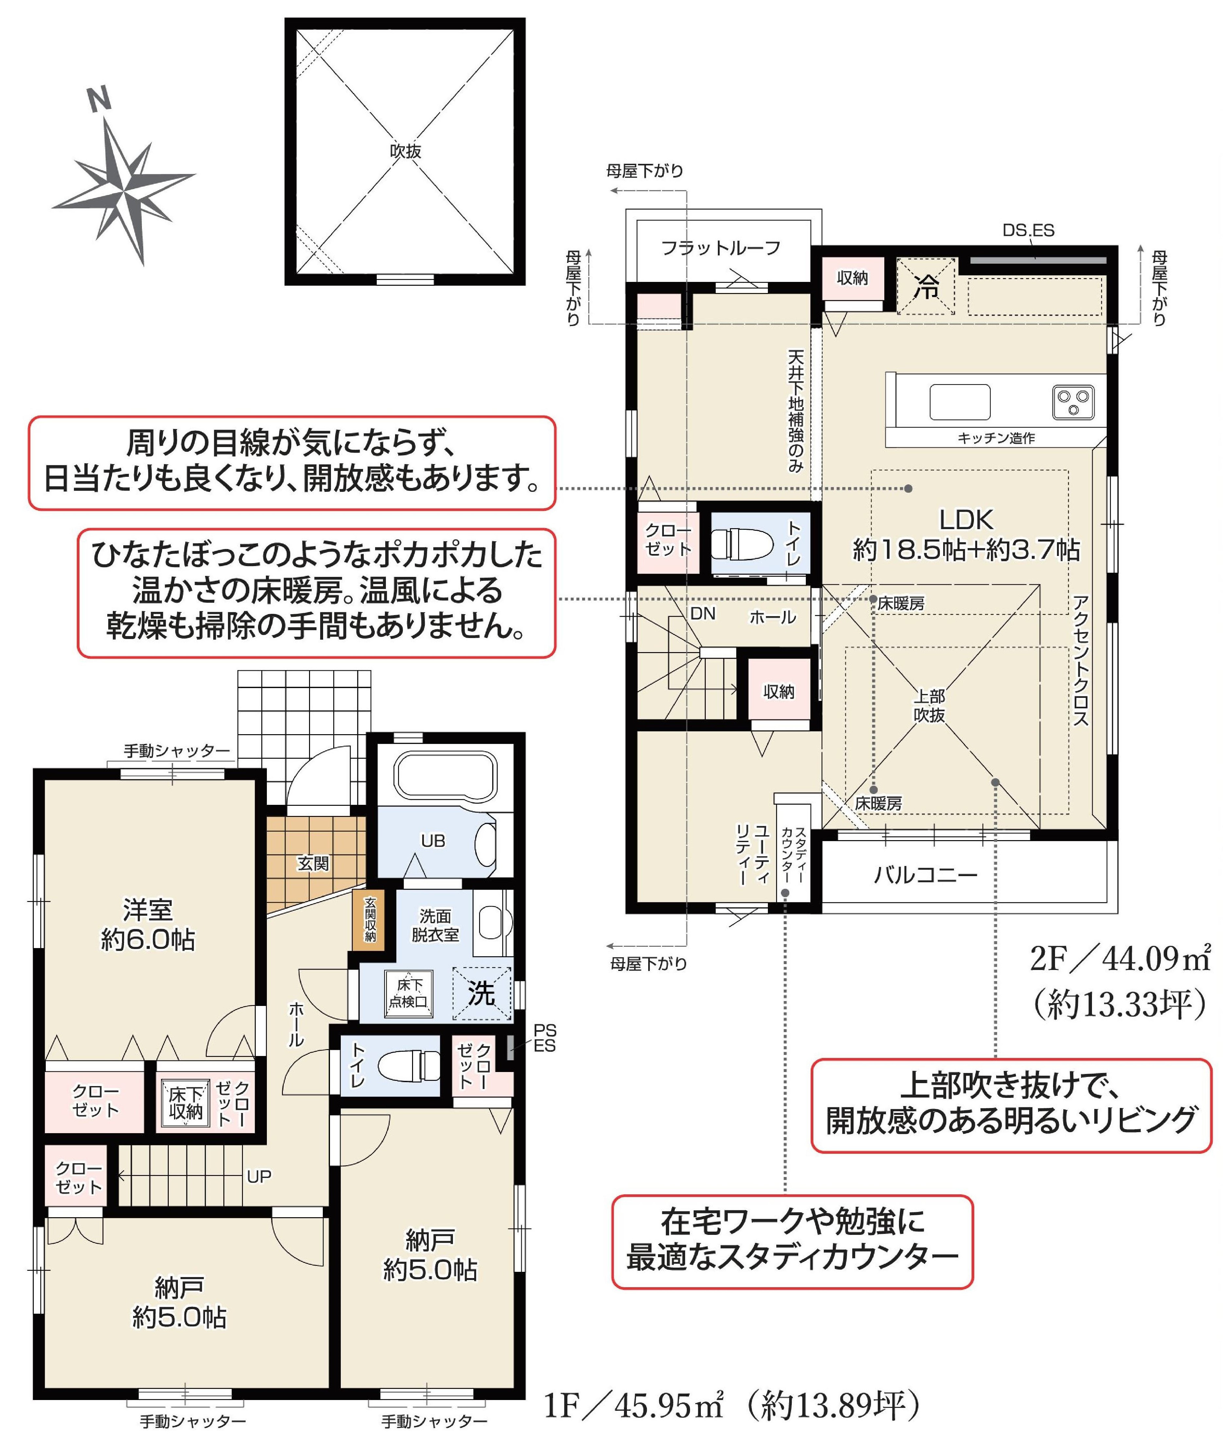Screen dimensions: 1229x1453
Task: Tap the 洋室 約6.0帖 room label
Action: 148,925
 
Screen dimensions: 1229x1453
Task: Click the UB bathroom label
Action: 433,841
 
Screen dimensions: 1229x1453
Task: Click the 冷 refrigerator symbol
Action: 926,285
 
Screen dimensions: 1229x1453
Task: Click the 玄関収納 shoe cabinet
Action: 370,918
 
